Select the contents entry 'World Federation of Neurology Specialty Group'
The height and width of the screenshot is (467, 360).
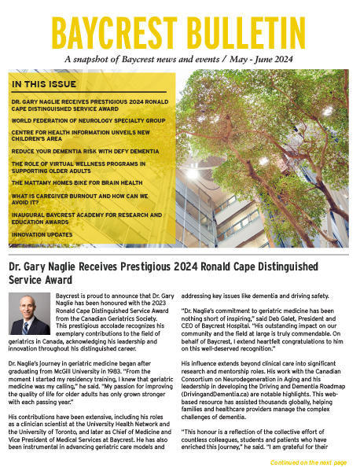84,121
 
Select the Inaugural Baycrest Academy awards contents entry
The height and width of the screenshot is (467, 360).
84,218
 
